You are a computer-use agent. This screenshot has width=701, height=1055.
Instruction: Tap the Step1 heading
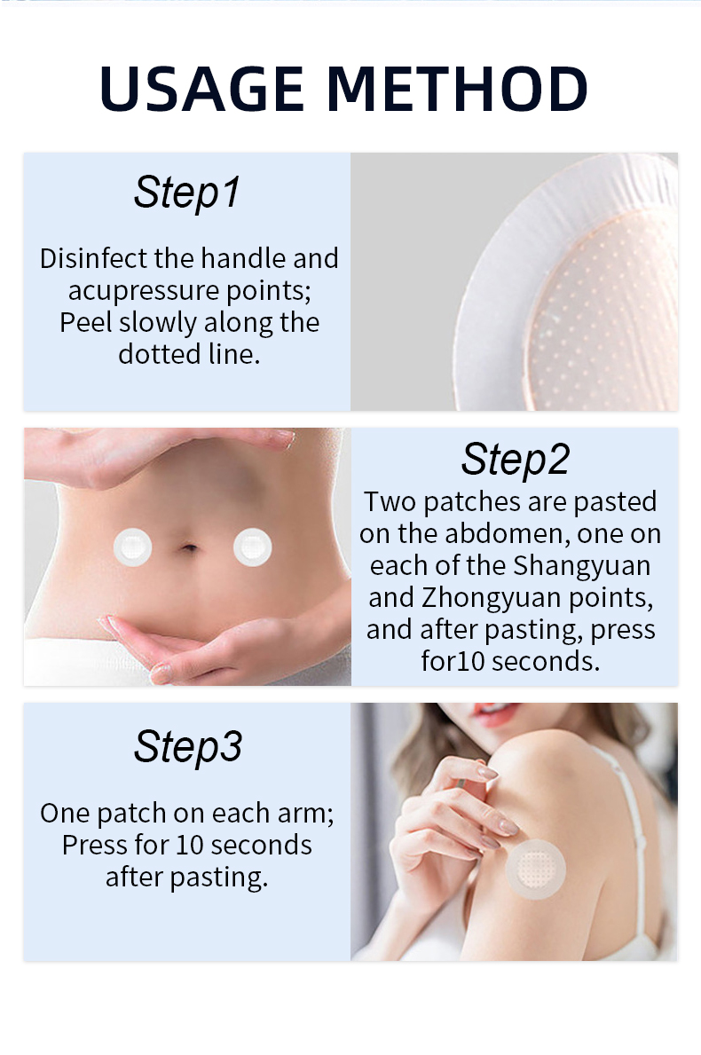pos(187,193)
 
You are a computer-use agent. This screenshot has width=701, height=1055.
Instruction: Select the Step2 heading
pos(516,460)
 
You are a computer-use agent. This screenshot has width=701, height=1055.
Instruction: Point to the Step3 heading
pos(188,747)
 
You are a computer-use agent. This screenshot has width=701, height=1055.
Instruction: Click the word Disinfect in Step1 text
pos(93,258)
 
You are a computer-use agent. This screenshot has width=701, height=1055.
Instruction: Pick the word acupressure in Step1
pos(143,291)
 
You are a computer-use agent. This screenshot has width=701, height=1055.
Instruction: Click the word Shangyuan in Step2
pos(581,566)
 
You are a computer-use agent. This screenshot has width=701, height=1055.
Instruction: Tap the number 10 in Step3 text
pos(190,845)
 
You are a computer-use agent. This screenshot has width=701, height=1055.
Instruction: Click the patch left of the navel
pos(132,547)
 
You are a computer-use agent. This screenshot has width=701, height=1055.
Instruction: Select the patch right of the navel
pos(252,547)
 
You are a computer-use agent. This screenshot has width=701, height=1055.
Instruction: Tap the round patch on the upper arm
pos(535,869)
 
